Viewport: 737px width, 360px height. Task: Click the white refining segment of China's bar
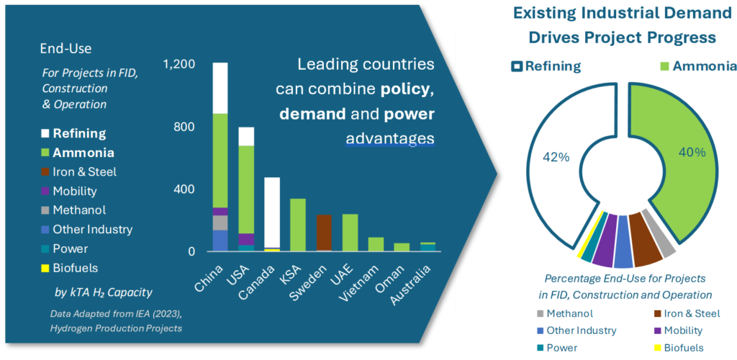click(220, 88)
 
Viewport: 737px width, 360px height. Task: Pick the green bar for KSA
click(298, 225)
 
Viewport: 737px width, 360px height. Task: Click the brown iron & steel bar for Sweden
click(324, 232)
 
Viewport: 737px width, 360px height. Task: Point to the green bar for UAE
click(350, 233)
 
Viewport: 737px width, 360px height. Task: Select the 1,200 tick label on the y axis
click(178, 64)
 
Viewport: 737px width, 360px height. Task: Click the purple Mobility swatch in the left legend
click(45, 192)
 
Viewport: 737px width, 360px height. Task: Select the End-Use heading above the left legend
click(65, 49)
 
